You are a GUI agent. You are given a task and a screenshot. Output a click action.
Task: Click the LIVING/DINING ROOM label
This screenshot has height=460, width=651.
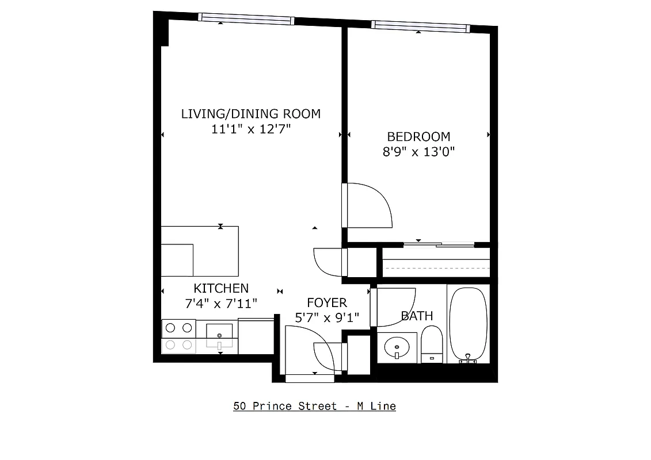click(x=250, y=114)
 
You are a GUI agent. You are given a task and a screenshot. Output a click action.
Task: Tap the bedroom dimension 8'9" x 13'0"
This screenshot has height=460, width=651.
click(x=418, y=152)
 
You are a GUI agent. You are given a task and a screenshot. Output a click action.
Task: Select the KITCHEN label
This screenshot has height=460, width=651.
click(x=221, y=289)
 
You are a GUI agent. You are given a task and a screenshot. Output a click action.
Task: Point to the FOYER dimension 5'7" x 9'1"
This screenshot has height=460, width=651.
click(x=326, y=317)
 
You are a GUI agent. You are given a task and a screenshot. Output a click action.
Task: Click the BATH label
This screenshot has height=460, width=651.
click(x=417, y=316)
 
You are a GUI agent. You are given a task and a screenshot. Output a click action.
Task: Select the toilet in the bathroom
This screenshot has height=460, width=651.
click(x=432, y=343)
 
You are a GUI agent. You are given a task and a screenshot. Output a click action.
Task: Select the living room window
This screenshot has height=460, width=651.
click(x=246, y=18)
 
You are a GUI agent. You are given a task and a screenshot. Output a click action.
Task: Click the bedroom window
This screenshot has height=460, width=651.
click(x=420, y=26)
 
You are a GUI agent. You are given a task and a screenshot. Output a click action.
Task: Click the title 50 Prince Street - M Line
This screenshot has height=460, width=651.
click(x=314, y=406)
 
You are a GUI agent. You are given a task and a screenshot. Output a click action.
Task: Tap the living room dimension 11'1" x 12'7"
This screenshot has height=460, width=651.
click(x=250, y=129)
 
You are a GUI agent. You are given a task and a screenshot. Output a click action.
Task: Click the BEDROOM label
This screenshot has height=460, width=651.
click(x=418, y=137)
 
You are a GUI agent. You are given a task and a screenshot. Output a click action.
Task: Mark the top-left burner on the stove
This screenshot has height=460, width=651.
click(x=170, y=328)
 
